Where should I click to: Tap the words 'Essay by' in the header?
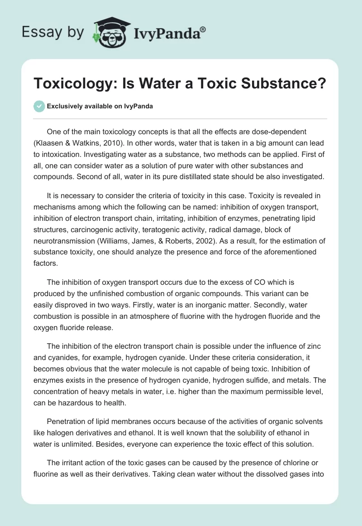coord(52,32)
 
